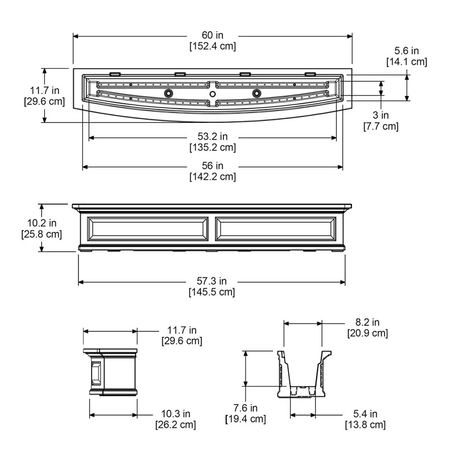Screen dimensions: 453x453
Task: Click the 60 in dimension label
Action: pos(212,35)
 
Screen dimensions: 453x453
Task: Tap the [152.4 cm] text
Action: pos(212,46)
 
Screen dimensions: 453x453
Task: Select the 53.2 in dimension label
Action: pos(212,136)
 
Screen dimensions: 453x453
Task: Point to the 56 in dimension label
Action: pos(212,166)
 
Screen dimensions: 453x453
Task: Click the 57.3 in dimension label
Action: pos(212,281)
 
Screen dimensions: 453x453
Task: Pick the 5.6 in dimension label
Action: pos(406,51)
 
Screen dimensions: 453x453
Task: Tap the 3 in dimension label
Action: pos(381,115)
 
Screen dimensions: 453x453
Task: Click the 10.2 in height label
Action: pos(42,223)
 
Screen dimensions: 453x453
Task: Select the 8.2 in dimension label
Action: pos(367,322)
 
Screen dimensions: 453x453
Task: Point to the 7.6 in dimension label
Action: pos(245,408)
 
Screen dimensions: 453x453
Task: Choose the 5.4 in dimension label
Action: pos(365,414)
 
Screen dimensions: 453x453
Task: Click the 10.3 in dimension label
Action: pos(176,414)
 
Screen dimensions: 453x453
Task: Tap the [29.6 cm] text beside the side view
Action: pos(182,341)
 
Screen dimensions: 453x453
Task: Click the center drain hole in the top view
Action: pos(212,94)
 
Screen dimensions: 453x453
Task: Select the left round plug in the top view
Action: pos(168,93)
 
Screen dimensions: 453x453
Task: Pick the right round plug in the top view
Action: pos(256,93)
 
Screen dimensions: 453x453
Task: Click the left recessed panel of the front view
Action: pos(147,229)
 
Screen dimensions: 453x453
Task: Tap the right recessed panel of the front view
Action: pos(276,229)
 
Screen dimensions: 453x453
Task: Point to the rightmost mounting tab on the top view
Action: pos(310,74)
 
